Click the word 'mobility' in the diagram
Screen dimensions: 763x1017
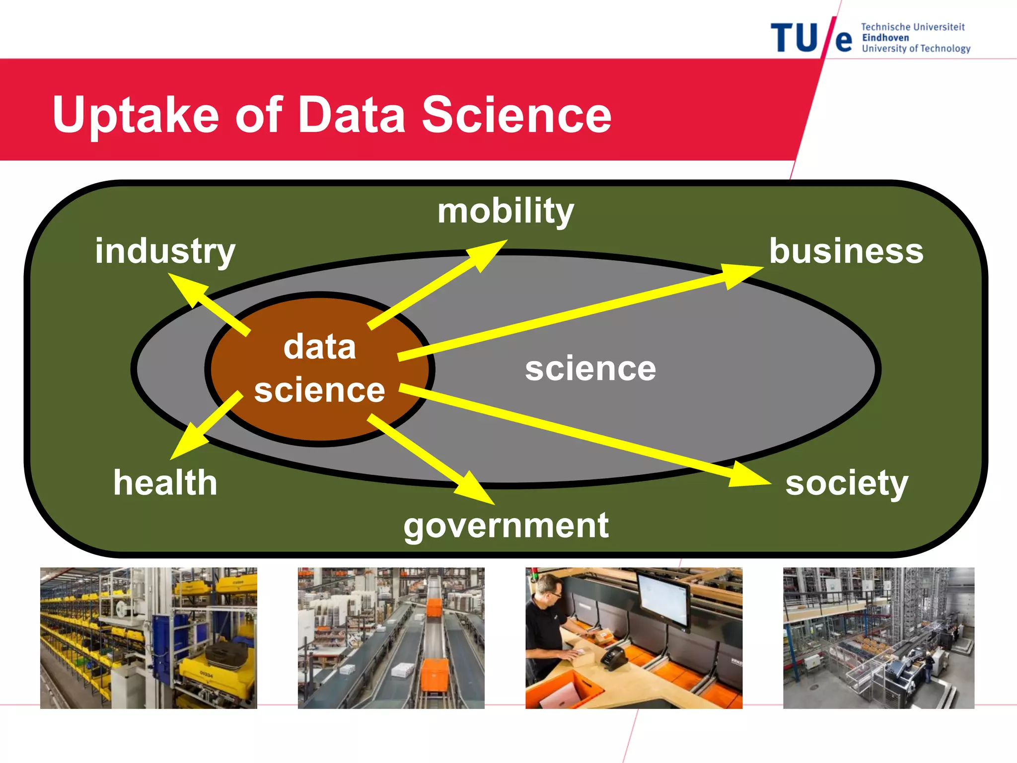506,211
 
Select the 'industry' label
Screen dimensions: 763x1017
165,251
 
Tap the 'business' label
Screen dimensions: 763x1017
846,251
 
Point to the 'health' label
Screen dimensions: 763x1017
165,482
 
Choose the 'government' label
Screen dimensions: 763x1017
506,526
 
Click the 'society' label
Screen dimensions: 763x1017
846,483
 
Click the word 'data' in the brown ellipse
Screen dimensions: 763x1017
319,347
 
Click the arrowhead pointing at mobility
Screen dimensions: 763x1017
487,253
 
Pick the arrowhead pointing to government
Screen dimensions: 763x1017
474,489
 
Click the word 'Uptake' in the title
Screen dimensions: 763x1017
136,115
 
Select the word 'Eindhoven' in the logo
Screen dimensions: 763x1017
885,38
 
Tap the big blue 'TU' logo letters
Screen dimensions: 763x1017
794,38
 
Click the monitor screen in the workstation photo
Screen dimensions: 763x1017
663,598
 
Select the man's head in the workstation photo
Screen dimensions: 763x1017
548,591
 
